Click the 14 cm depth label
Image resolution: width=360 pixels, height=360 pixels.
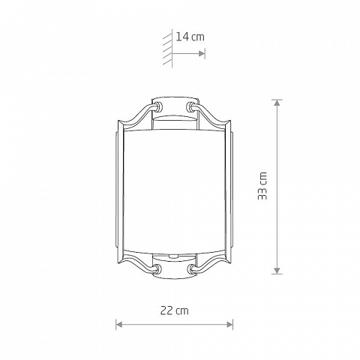click(x=190, y=37)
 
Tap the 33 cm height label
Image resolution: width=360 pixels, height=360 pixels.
click(x=262, y=186)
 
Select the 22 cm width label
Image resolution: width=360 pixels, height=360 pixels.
click(x=174, y=310)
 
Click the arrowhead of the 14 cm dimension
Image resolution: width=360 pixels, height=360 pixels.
click(x=202, y=53)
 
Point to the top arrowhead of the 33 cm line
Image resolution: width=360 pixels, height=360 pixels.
click(x=277, y=103)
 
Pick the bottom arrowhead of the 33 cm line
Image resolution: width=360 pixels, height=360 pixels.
click(x=277, y=271)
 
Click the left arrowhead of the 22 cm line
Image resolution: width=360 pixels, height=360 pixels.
click(x=119, y=325)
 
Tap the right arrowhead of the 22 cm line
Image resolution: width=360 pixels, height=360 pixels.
click(x=229, y=325)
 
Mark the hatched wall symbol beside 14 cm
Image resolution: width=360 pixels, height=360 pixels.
click(x=168, y=48)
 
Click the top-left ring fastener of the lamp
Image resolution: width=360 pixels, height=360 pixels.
click(x=158, y=106)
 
